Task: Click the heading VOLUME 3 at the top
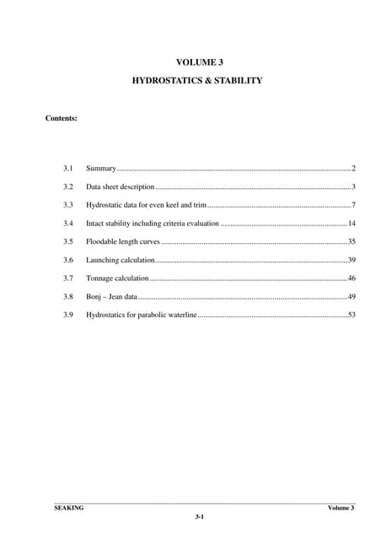coord(199,62)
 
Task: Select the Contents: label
coord(62,118)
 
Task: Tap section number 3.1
coord(68,168)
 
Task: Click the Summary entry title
coord(100,168)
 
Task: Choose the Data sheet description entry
coord(120,186)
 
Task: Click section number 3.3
coord(68,205)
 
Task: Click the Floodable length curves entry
coord(123,241)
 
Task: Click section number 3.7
coord(68,278)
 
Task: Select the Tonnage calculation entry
coord(117,278)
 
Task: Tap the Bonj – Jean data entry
coord(111,297)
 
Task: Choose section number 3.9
coord(68,315)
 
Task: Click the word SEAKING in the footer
coord(68,508)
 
